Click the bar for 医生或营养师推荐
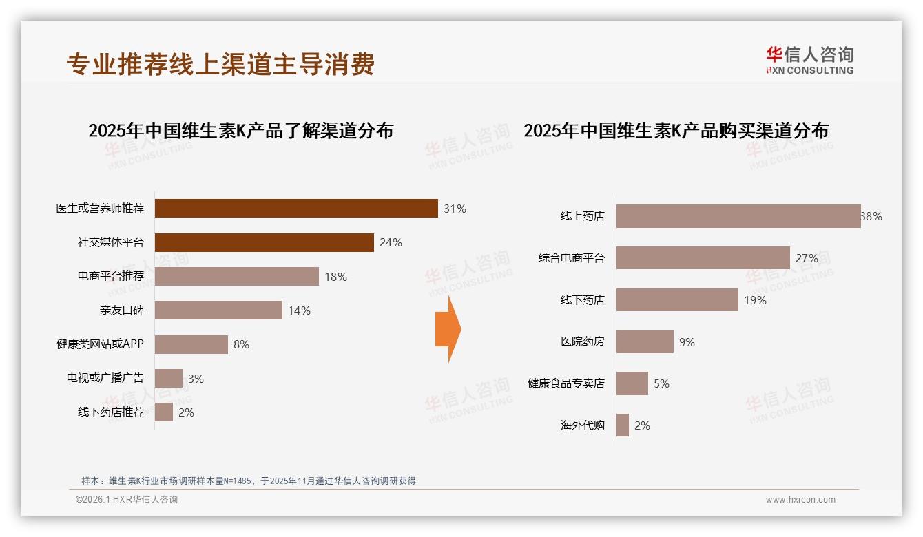[296, 208]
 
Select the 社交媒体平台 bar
[264, 242]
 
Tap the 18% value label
[335, 277]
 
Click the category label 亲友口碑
[121, 310]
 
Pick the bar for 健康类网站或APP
[191, 344]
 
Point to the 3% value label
[196, 379]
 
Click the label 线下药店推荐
[110, 412]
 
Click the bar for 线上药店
[738, 216]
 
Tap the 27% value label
[807, 258]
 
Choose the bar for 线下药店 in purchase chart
[677, 300]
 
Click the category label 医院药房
[582, 341]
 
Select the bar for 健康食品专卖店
[632, 383]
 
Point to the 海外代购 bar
[622, 425]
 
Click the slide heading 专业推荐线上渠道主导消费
[220, 64]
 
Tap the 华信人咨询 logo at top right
[809, 60]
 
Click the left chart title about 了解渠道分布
[240, 130]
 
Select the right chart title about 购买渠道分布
[676, 130]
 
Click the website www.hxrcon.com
[800, 500]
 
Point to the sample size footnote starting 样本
[249, 481]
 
